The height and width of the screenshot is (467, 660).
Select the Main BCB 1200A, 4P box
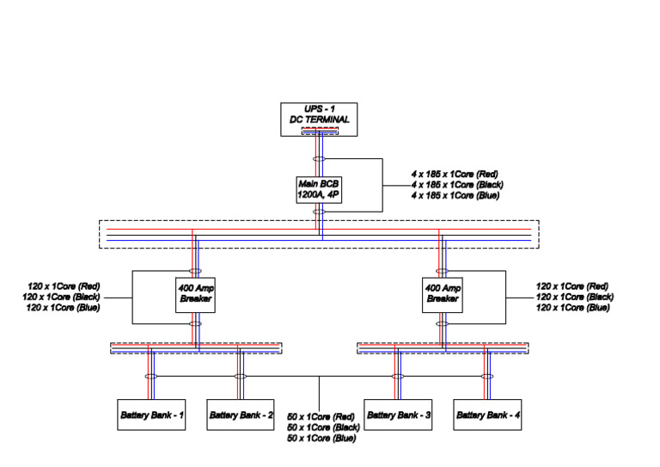tap(319, 189)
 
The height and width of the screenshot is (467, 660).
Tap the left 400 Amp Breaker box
tap(195, 294)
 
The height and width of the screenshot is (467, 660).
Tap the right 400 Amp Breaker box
tap(443, 294)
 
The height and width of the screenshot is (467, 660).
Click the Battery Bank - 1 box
tap(150, 415)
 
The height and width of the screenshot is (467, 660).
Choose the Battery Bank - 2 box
tap(241, 415)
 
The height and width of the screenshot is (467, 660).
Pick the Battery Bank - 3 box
tap(398, 415)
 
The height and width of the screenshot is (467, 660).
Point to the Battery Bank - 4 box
tap(487, 415)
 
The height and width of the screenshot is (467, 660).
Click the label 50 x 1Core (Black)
tap(322, 427)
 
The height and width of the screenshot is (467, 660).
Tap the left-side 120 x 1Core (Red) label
tap(66, 286)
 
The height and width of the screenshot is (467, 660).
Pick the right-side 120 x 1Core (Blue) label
tap(573, 308)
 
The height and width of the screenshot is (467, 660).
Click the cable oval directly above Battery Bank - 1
tap(150, 377)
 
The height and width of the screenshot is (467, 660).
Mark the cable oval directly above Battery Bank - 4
tap(487, 377)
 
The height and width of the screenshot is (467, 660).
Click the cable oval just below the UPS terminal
tap(319, 159)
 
